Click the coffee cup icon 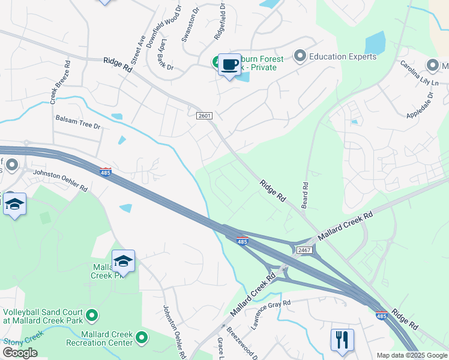[x=229, y=65]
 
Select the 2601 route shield [x=205, y=115]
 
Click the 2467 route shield [x=305, y=250]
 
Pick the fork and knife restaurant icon [x=342, y=340]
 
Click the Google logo [x=20, y=353]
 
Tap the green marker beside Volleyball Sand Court [x=92, y=314]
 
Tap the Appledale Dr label [x=420, y=106]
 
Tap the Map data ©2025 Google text [x=411, y=355]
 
